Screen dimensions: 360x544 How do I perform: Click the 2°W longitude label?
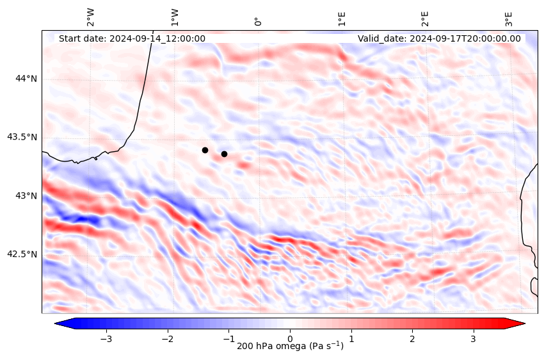(x=91, y=18)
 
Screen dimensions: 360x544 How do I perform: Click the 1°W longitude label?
(x=174, y=18)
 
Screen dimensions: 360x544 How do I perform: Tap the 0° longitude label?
(x=258, y=21)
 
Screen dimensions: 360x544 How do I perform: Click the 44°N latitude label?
(x=26, y=79)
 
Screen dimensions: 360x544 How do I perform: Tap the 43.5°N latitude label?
(x=22, y=137)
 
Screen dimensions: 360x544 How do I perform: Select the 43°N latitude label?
(x=26, y=195)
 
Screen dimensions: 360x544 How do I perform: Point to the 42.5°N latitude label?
(x=22, y=254)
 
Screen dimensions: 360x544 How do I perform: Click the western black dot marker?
(x=205, y=150)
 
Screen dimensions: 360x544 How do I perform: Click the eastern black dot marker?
(x=224, y=154)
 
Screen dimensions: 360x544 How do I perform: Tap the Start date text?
(x=132, y=38)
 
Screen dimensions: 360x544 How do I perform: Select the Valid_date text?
(x=439, y=38)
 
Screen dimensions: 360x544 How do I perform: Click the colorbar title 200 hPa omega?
(x=290, y=347)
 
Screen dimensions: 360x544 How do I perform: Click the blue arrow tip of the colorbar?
(x=58, y=323)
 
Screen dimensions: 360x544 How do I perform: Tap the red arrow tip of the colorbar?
(x=522, y=323)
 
